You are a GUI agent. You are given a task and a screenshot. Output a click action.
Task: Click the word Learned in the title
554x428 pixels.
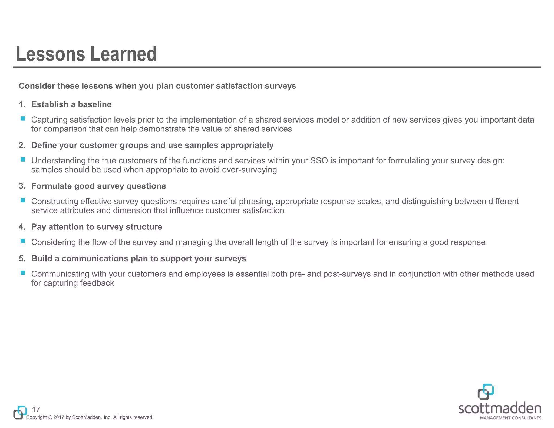coord(123,54)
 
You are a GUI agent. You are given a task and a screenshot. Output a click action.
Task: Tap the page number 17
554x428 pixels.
coord(36,409)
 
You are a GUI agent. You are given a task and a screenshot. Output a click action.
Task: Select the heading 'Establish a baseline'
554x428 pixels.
coord(71,104)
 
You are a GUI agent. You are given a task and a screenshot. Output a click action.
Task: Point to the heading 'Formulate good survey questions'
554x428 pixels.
coord(98,186)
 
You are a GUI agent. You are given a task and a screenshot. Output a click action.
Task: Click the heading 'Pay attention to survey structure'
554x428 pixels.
coord(97,227)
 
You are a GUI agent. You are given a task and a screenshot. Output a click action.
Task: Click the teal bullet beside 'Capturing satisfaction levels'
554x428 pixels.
coord(23,118)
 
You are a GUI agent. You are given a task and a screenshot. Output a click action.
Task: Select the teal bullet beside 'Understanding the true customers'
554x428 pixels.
coord(23,159)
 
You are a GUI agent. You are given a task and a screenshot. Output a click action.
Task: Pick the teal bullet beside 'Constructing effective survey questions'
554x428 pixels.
coord(23,200)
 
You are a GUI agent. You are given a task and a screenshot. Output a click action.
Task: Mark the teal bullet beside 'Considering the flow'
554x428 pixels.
coord(23,241)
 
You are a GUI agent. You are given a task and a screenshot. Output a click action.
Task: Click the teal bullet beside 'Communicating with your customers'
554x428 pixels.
coord(23,273)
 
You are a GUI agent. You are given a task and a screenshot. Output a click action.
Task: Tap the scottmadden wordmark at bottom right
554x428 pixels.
coord(500,409)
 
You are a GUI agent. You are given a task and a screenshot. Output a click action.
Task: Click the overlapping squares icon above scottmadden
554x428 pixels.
coord(486,391)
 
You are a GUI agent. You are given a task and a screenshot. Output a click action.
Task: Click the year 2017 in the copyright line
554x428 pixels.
coord(59,417)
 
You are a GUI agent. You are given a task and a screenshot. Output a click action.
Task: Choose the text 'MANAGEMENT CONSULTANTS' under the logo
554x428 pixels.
coord(510,418)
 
